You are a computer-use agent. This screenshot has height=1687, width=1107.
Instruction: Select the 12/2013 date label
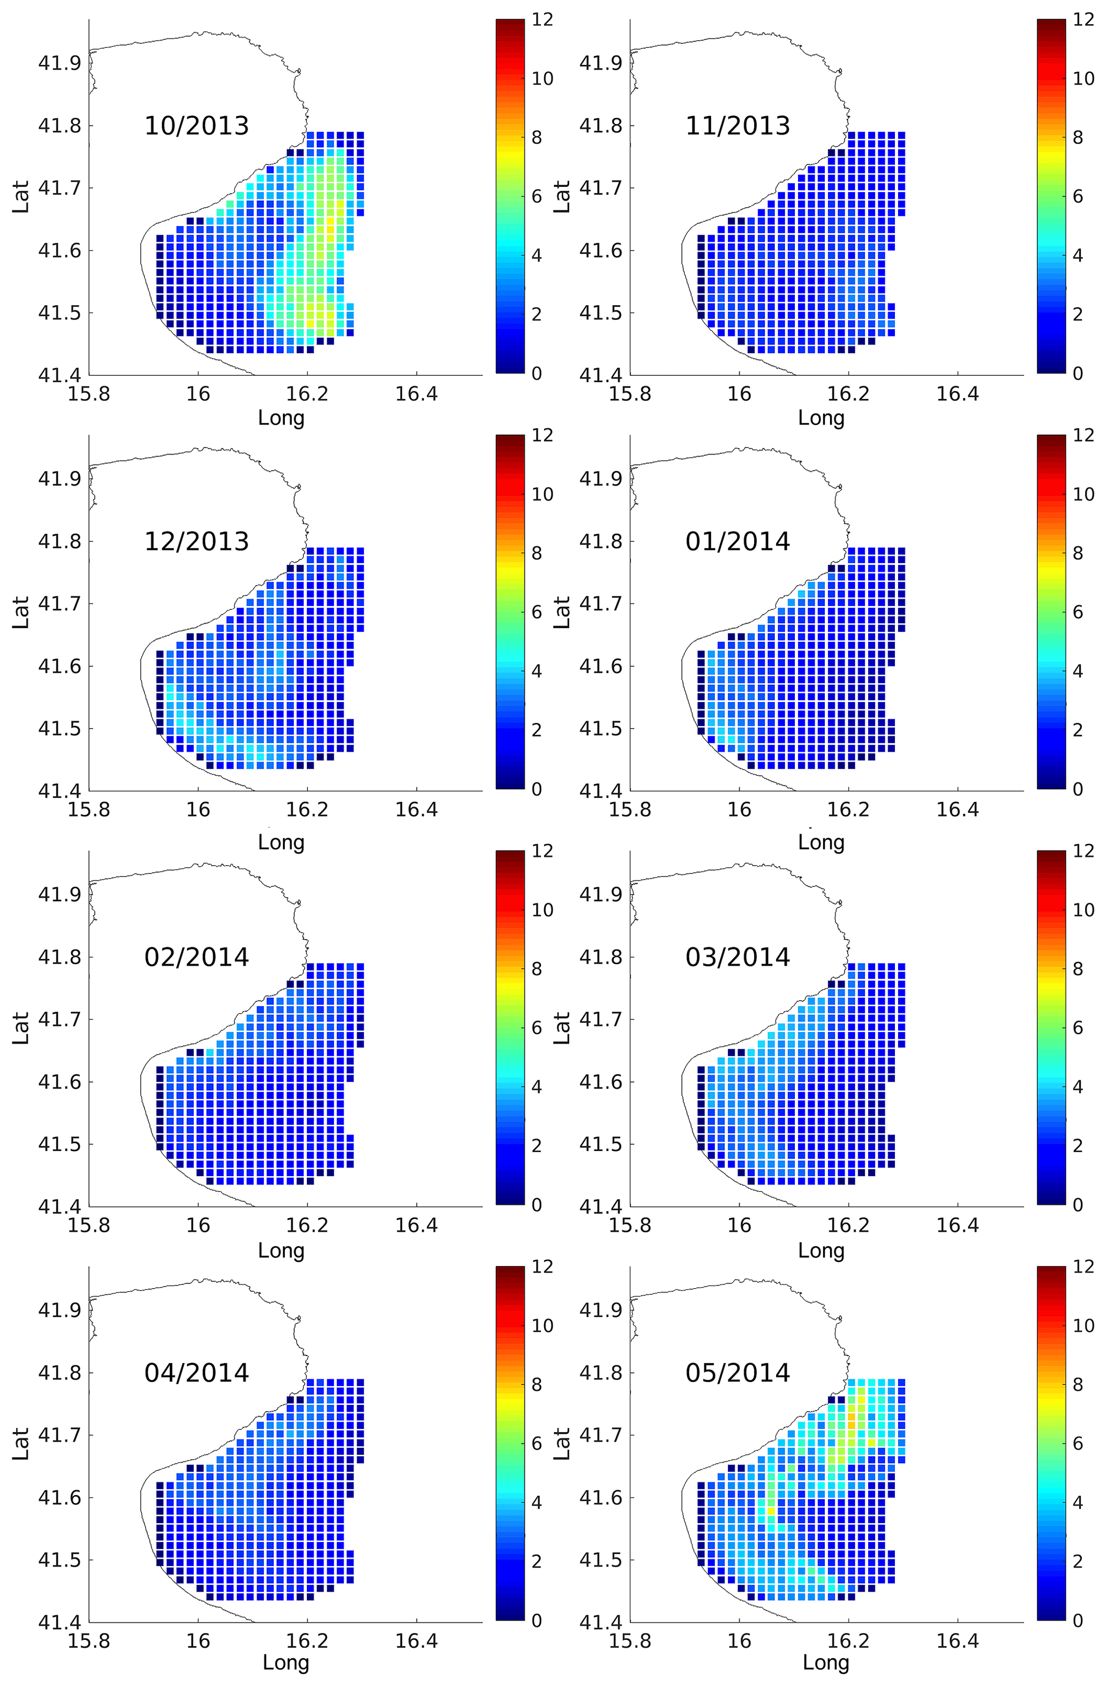[x=197, y=541]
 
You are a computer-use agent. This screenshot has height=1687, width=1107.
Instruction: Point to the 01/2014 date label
[x=737, y=541]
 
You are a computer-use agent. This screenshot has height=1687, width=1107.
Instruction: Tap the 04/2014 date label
[x=197, y=1373]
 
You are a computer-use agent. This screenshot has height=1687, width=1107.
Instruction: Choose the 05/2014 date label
[x=737, y=1373]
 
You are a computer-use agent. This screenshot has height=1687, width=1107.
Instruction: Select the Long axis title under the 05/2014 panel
[x=825, y=1662]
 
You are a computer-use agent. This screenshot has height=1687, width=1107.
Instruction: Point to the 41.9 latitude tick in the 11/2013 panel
[x=601, y=63]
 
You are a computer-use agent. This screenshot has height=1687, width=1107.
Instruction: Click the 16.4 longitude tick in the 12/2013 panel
[x=416, y=810]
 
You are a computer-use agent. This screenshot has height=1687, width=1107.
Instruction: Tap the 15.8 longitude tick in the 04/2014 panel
[x=89, y=1641]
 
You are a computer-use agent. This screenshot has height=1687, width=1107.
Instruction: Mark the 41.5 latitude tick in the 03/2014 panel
[x=601, y=1145]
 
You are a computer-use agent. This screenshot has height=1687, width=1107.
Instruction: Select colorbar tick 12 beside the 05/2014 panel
[x=1083, y=1267]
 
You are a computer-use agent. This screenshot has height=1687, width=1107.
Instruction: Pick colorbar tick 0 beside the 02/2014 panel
[x=537, y=1205]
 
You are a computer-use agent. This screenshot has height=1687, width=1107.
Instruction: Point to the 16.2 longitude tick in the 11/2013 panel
[x=848, y=394]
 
